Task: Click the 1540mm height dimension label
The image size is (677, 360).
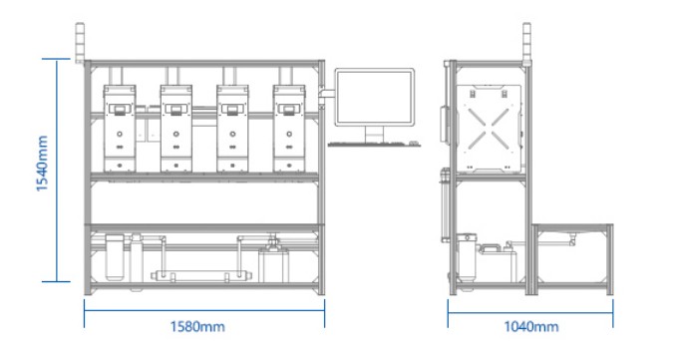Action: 42,164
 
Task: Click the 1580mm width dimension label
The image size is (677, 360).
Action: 197,326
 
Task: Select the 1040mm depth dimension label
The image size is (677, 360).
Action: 531,326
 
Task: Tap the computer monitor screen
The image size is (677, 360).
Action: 374,97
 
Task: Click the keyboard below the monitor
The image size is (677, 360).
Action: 374,144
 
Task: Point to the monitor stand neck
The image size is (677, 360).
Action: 374,133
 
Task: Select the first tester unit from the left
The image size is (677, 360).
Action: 120,129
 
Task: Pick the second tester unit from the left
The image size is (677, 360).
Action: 176,129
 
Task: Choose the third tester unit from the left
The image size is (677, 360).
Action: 232,129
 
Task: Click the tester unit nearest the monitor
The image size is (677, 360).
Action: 289,129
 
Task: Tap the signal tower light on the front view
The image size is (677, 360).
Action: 80,43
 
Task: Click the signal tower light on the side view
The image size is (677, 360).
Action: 526,43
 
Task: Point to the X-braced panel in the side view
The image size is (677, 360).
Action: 489,129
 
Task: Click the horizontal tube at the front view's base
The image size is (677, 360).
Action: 190,276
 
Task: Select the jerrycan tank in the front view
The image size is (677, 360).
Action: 274,262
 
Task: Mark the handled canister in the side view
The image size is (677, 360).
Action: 498,262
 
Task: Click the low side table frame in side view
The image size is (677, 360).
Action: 572,259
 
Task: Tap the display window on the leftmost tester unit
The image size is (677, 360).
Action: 120,108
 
